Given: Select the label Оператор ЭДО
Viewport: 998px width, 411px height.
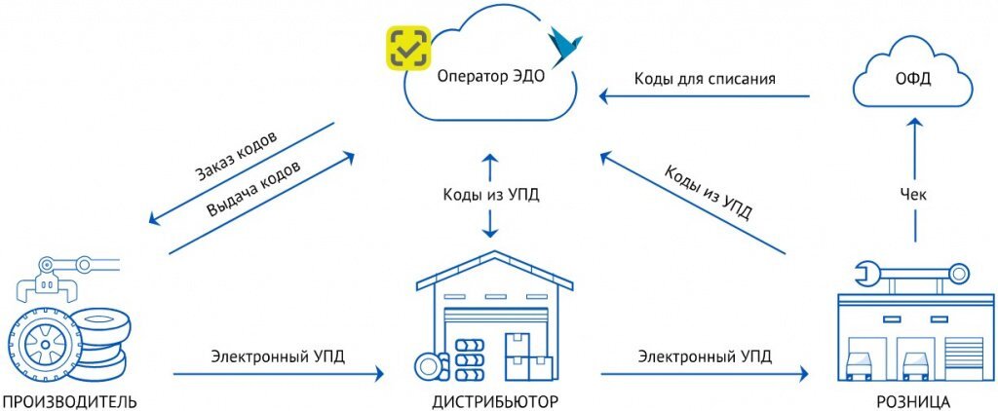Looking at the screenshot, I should point(490,77).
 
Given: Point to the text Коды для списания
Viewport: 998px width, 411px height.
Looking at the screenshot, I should point(705,78).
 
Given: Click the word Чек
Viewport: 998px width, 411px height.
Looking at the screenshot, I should point(913,195).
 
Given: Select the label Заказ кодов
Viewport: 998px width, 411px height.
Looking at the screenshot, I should point(236,155).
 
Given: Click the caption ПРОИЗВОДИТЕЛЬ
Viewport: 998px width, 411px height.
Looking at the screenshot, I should point(69,401).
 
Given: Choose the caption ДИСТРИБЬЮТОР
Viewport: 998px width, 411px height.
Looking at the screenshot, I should point(495,401).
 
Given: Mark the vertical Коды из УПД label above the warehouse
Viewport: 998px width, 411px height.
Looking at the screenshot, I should point(491,195).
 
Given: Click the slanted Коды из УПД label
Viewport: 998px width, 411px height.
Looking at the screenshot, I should point(708,192).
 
